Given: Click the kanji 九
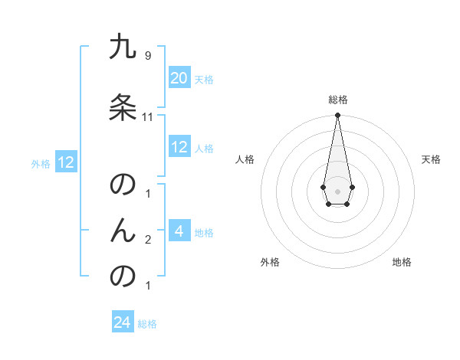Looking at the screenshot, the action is pyautogui.click(x=123, y=47).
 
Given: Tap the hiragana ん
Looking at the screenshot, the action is pyautogui.click(x=123, y=230).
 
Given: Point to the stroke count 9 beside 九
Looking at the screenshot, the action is pyautogui.click(x=147, y=56).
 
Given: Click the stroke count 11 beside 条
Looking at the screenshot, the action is pyautogui.click(x=148, y=117).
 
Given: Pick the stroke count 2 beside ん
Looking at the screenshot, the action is pyautogui.click(x=148, y=240).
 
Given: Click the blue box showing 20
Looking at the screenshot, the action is pyautogui.click(x=179, y=78).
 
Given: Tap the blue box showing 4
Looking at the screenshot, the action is pyautogui.click(x=179, y=231).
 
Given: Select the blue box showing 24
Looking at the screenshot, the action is pyautogui.click(x=123, y=322).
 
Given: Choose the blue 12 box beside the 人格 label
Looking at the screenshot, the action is pyautogui.click(x=179, y=147).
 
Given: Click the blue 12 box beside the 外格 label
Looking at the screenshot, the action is pyautogui.click(x=66, y=162).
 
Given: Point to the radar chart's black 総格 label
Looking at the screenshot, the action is pyautogui.click(x=337, y=100).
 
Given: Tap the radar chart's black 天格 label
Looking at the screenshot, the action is pyautogui.click(x=432, y=159).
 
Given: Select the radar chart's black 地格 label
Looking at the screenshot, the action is pyautogui.click(x=402, y=262).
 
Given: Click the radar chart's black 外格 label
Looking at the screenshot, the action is pyautogui.click(x=270, y=262).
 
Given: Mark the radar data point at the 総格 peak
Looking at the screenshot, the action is pyautogui.click(x=337, y=116).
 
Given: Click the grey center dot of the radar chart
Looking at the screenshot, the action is pyautogui.click(x=337, y=190).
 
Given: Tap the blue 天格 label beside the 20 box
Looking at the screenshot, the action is pyautogui.click(x=204, y=79).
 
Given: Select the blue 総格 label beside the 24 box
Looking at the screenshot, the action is pyautogui.click(x=147, y=323).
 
